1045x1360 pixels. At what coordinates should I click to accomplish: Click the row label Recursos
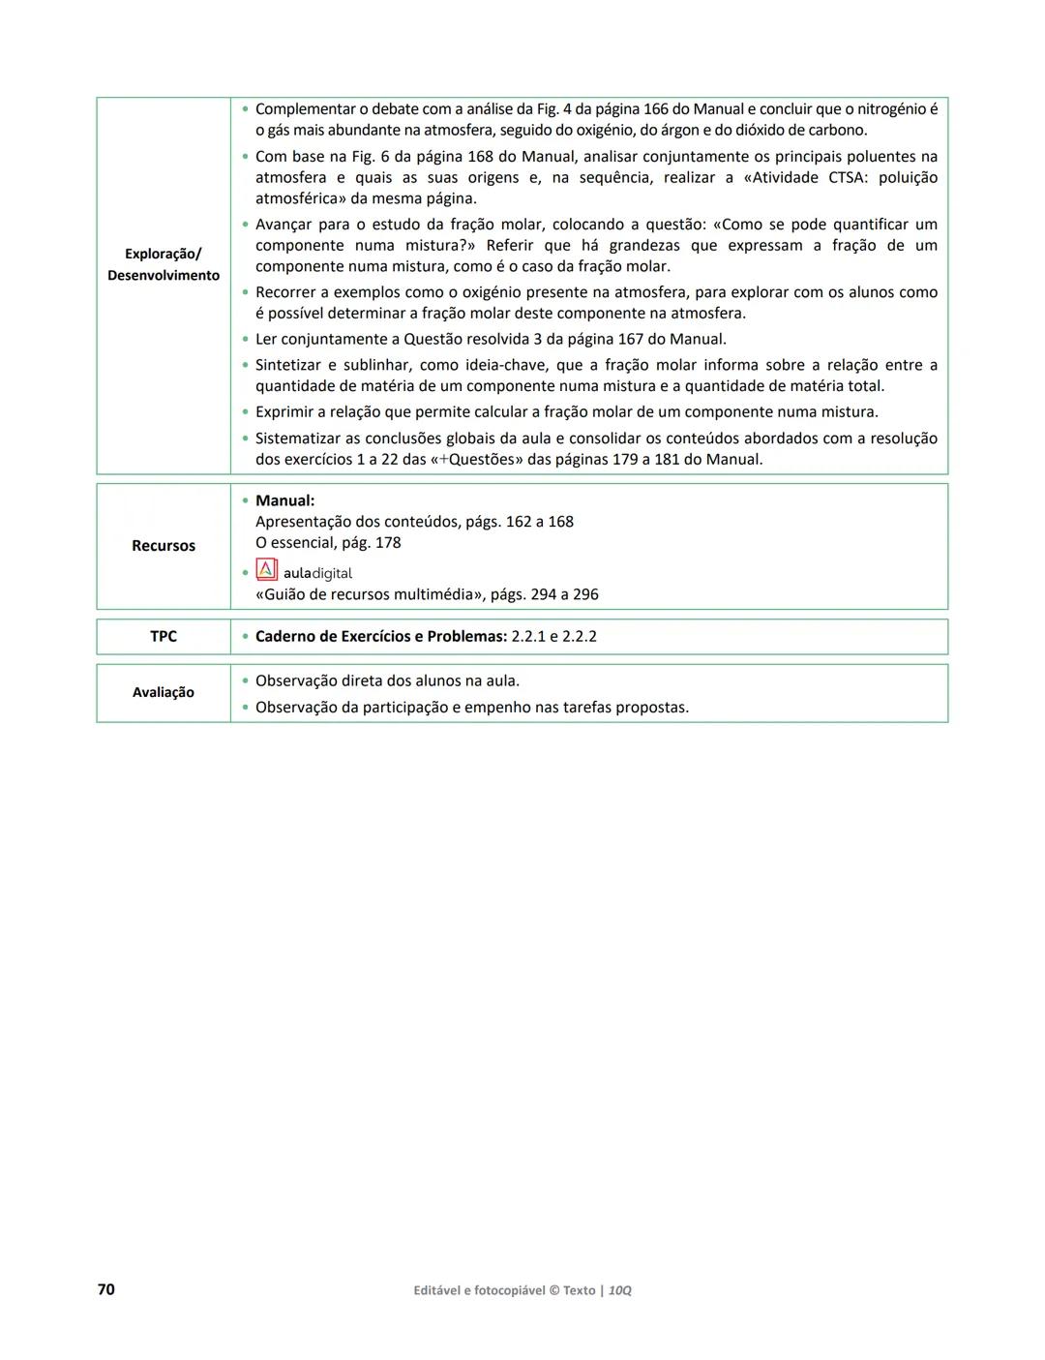(164, 546)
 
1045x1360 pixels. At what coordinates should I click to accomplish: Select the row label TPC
(164, 636)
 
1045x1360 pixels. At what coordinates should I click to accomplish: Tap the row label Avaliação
(164, 692)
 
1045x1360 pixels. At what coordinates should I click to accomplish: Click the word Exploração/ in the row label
(164, 254)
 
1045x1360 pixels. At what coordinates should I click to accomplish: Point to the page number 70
(106, 1289)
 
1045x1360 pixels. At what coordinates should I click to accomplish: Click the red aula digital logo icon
(266, 570)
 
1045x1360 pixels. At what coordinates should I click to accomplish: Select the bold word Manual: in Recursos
(284, 500)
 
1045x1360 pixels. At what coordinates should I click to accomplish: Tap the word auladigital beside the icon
(317, 573)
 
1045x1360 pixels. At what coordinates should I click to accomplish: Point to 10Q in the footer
(620, 1290)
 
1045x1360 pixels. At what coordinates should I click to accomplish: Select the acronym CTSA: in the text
(848, 177)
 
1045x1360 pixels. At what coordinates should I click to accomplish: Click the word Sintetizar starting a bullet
(291, 365)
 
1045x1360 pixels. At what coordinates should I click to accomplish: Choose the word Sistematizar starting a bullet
(297, 438)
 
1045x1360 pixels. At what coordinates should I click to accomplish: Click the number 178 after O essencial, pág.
(387, 543)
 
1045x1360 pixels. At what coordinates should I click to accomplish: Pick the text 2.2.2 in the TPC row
(580, 636)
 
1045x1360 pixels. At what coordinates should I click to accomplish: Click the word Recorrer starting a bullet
(287, 292)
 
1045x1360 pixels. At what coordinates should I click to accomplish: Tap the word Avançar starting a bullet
(286, 225)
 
